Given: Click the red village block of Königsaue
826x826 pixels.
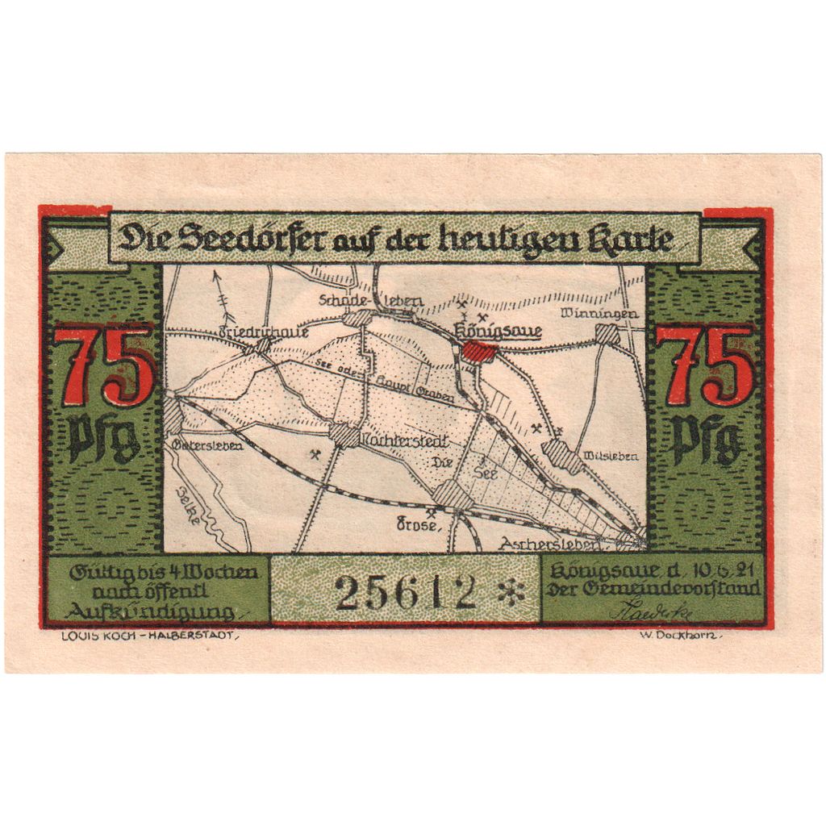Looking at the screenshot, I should [x=480, y=352].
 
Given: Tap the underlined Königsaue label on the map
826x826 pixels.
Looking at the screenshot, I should [x=499, y=330].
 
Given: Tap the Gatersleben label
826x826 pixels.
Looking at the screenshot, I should [x=207, y=445].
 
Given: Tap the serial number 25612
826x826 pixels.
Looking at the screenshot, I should [x=405, y=594].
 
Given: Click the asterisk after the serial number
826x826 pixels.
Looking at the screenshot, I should [x=511, y=595].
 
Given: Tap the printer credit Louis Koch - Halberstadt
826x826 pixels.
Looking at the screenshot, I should [x=148, y=635].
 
